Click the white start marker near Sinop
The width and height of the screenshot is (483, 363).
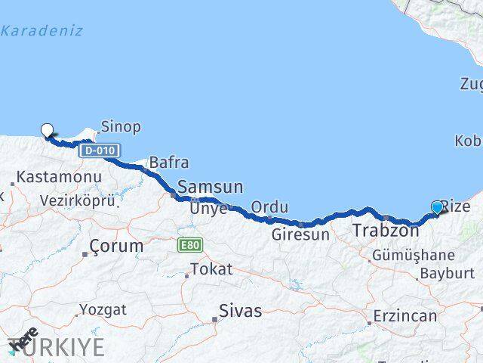click(48, 130)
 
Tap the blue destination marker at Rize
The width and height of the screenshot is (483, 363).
click(437, 207)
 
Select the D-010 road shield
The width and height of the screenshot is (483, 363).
click(100, 150)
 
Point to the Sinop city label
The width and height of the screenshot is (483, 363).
click(121, 127)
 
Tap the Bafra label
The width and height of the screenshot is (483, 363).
click(168, 162)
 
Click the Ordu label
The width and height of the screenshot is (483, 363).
click(269, 206)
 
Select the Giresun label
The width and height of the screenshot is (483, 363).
click(302, 234)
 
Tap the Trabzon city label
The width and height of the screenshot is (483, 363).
click(385, 230)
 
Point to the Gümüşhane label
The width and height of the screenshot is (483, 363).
click(413, 256)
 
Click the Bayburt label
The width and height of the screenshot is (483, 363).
click(446, 273)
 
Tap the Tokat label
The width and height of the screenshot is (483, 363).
click(211, 268)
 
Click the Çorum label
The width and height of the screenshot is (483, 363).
click(116, 246)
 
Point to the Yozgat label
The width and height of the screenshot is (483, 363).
click(105, 309)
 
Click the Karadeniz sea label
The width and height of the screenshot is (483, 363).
click(42, 31)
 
